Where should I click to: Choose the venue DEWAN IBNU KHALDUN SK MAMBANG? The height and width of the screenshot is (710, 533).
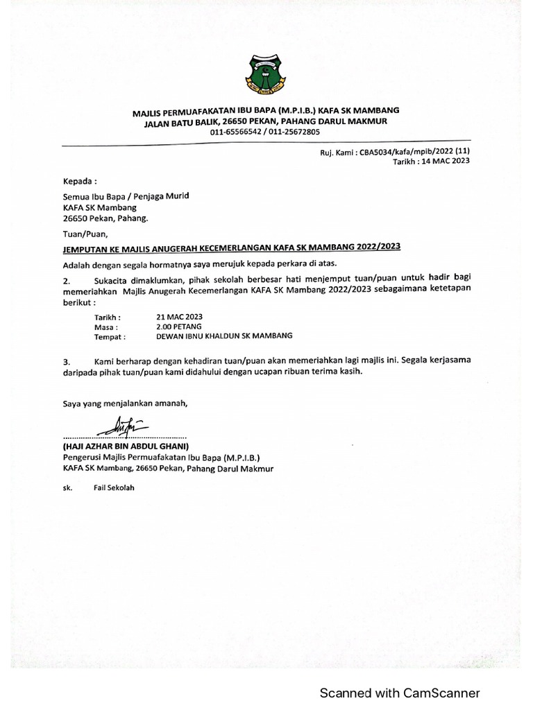(x=225, y=336)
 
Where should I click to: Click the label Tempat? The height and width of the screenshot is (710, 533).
(x=110, y=337)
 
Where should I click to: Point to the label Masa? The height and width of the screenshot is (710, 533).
(x=105, y=327)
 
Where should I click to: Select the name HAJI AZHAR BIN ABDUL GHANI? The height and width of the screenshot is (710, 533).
(x=126, y=447)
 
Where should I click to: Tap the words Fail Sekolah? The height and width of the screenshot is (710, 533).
(x=114, y=488)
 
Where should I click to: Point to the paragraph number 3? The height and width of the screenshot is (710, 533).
(x=67, y=361)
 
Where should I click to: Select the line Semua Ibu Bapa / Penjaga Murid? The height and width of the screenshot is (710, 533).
(x=126, y=196)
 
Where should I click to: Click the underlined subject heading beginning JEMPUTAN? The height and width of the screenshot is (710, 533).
(x=232, y=248)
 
